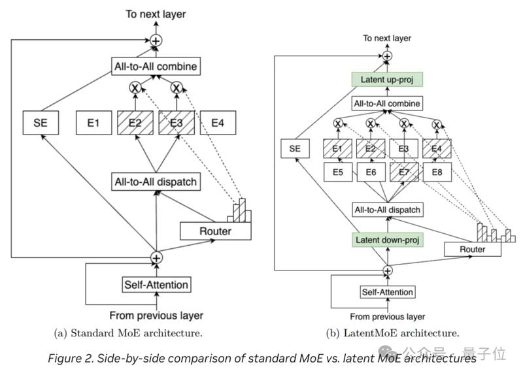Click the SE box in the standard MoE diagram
click(44, 122)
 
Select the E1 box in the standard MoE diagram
click(93, 122)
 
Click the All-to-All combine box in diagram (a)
click(154, 66)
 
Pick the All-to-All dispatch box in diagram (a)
click(156, 182)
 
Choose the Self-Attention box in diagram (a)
click(156, 284)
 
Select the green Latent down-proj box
click(387, 240)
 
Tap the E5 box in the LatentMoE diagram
click(337, 172)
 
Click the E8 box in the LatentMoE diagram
click(437, 172)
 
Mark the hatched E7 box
click(403, 172)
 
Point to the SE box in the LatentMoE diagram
click(295, 149)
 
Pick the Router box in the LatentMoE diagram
click(472, 250)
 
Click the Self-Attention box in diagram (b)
click(388, 292)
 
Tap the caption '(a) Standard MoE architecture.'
click(127, 333)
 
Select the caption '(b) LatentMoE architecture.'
click(392, 333)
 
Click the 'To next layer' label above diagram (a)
click(156, 13)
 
